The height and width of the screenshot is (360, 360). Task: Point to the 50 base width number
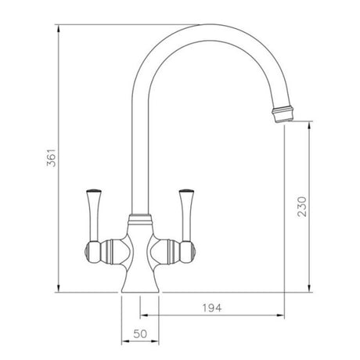[x=142, y=333]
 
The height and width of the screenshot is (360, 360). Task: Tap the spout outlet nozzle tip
[x=284, y=116]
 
